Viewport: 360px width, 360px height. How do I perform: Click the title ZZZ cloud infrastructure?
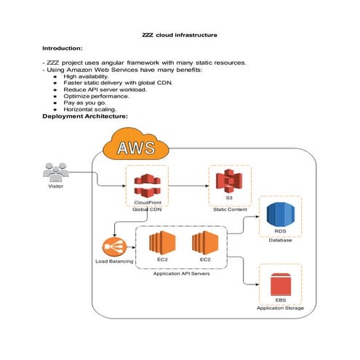tap(179, 34)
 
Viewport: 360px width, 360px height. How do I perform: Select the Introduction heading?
tap(67, 47)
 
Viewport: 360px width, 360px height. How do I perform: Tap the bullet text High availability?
tap(86, 76)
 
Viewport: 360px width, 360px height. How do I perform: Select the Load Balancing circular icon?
tap(113, 245)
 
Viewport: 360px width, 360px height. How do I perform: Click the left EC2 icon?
tap(162, 245)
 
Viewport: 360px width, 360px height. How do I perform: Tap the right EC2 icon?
tap(205, 245)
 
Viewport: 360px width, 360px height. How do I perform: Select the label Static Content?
tap(230, 210)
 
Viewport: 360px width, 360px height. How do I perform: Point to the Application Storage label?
tap(280, 308)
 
